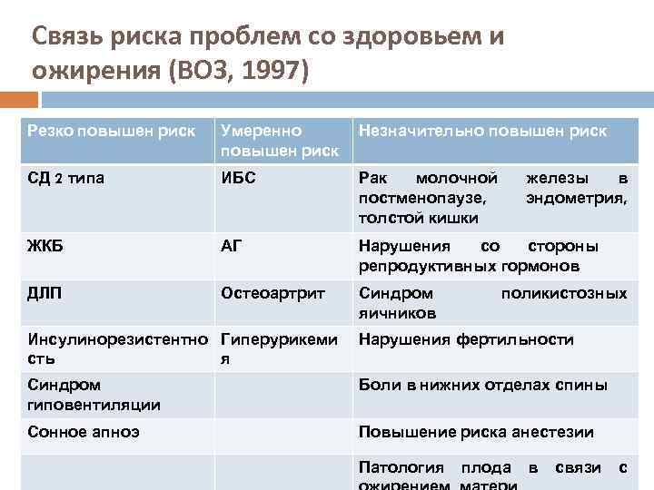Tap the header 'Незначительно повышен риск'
(x=483, y=131)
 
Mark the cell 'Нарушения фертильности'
(x=466, y=339)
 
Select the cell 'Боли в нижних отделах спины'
(x=483, y=385)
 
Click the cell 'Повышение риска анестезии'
(x=476, y=432)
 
